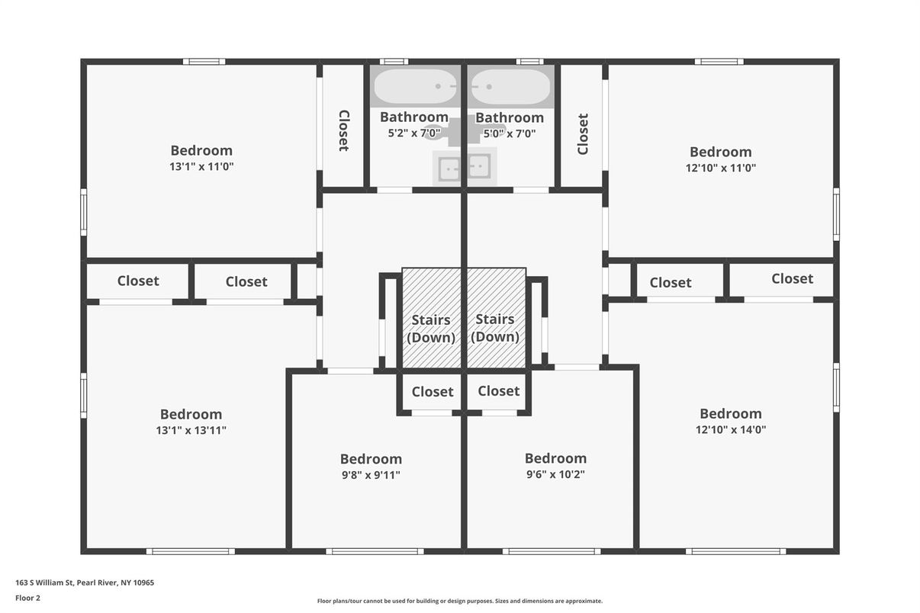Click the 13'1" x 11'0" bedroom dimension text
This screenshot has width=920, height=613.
pos(201,166)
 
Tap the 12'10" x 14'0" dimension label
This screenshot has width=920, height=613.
pos(731,429)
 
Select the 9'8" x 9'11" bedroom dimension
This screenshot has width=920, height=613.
pos(371,475)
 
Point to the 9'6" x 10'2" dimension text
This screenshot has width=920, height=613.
pos(555,474)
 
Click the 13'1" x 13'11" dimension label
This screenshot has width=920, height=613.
pos(191,430)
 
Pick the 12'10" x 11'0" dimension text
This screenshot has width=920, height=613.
pos(720,168)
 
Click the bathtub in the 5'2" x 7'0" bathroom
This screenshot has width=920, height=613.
pos(415,86)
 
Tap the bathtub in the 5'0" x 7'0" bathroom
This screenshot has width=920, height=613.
pos(510,86)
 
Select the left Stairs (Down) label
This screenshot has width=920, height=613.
pos(431,329)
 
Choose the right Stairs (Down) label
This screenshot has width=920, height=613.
pos(495,328)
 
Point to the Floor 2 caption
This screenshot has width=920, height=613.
pos(28,598)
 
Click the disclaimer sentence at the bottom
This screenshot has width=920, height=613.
pos(459,601)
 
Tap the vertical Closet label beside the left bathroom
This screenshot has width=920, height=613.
pos(344,130)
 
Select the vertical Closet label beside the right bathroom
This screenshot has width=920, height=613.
pos(583,134)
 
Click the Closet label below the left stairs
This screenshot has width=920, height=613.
pos(433,392)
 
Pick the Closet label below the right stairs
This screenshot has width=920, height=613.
pos(499,391)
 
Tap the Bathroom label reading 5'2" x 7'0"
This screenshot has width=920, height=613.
pos(414,117)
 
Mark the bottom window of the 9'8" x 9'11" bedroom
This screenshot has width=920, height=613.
pos(375,551)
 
